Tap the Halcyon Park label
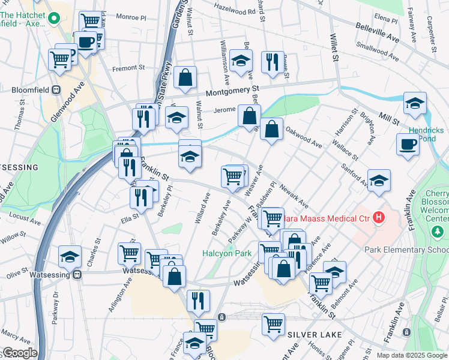226,253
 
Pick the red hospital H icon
378,217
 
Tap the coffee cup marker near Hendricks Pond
408,145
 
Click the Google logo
19,353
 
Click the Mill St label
389,118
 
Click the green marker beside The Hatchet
53,17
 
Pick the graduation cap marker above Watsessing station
70,256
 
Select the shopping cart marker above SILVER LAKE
274,323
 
